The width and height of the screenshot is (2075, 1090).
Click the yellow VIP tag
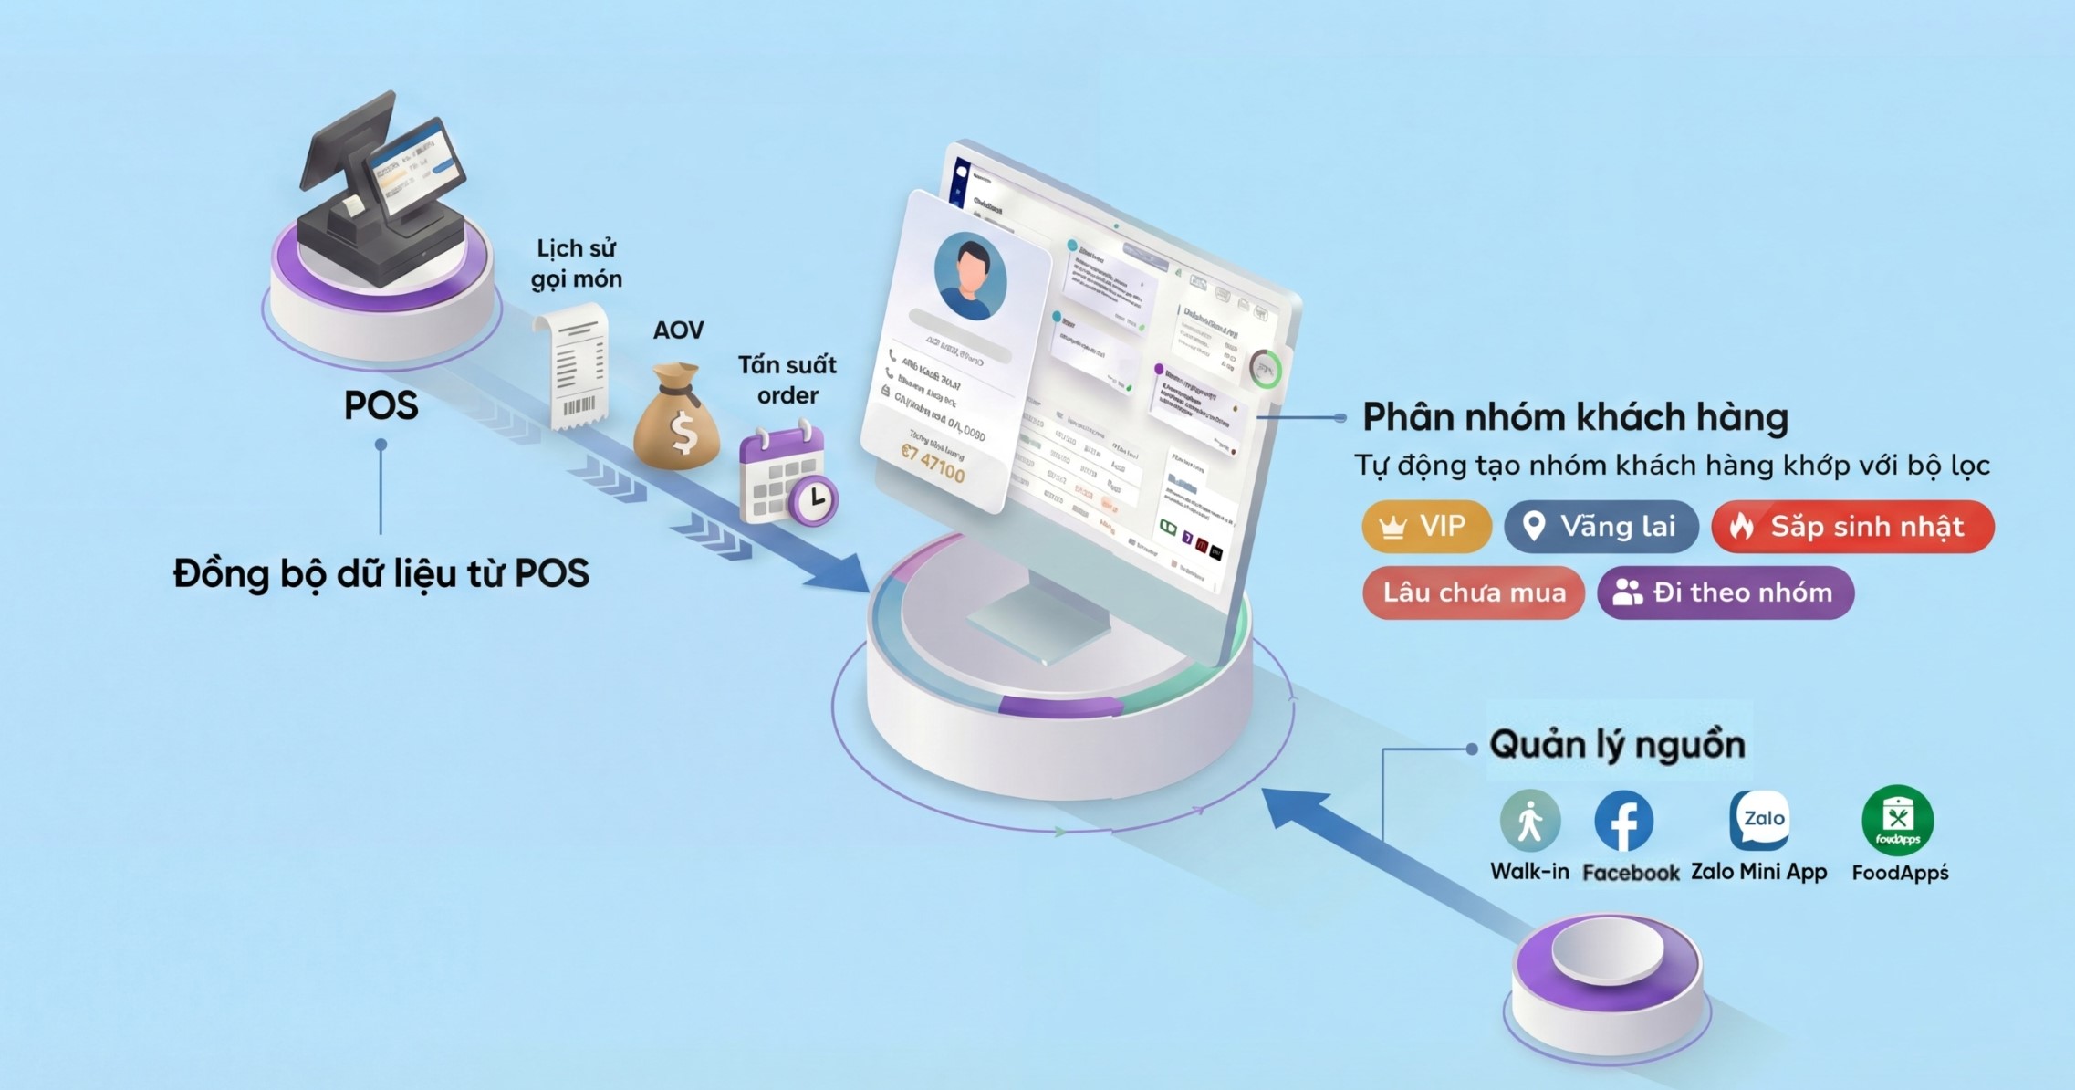pyautogui.click(x=1425, y=527)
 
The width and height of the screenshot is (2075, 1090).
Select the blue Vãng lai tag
pyautogui.click(x=1601, y=527)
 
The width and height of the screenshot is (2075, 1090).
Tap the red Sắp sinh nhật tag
pyautogui.click(x=1852, y=527)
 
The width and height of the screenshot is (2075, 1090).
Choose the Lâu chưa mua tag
pyautogui.click(x=1473, y=592)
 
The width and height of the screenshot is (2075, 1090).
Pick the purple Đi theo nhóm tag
pyautogui.click(x=1726, y=592)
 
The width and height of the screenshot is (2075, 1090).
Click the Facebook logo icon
pyautogui.click(x=1623, y=821)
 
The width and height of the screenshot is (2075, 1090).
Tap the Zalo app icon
pyautogui.click(x=1760, y=819)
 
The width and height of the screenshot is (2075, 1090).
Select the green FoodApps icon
pyautogui.click(x=1898, y=820)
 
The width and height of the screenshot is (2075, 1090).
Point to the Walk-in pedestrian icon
pyautogui.click(x=1529, y=821)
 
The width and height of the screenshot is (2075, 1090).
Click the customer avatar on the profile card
pyautogui.click(x=970, y=276)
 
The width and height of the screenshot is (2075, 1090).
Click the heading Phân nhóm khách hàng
pyautogui.click(x=1575, y=417)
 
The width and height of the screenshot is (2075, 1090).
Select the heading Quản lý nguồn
pyautogui.click(x=1617, y=745)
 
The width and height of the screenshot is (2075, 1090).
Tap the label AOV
pyautogui.click(x=678, y=330)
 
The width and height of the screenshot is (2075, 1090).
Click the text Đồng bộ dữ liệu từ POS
pyautogui.click(x=381, y=573)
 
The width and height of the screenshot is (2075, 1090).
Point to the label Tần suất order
pyautogui.click(x=787, y=380)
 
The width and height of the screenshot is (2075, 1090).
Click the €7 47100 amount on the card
pyautogui.click(x=933, y=463)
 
